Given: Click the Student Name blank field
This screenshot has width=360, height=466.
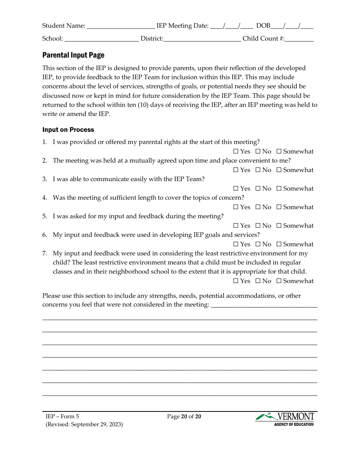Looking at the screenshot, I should pos(121,26).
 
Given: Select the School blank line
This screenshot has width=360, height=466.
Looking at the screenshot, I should pos(101,39).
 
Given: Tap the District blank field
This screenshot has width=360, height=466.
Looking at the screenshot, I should pos(202,39).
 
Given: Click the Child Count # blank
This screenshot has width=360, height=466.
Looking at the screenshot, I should pos(299,39).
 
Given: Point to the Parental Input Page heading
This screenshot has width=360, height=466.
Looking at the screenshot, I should pos(73,55).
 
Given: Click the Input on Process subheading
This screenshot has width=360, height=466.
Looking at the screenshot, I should pos(68,130).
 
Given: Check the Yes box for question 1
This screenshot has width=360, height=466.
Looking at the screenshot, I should pos(236,152).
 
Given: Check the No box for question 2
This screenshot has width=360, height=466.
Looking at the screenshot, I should pos(258,170).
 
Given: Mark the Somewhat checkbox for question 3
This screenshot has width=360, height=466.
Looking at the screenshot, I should pos(279,189).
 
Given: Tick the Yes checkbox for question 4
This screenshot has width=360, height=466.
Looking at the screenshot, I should pos(236,207).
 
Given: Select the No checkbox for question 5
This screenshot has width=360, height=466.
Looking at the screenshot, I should pos(258,226).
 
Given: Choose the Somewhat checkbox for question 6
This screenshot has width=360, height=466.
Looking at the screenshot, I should pos(279,244).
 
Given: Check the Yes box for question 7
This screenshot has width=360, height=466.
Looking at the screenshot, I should pos(236,281).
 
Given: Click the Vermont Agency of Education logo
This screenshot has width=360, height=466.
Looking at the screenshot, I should pos(285,419).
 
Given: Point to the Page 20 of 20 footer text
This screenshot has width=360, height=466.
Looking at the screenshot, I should pos(184,417).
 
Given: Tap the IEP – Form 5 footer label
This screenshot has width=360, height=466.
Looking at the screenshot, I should pos(63,417).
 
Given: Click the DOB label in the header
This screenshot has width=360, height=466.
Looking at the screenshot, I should pos(263,26).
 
